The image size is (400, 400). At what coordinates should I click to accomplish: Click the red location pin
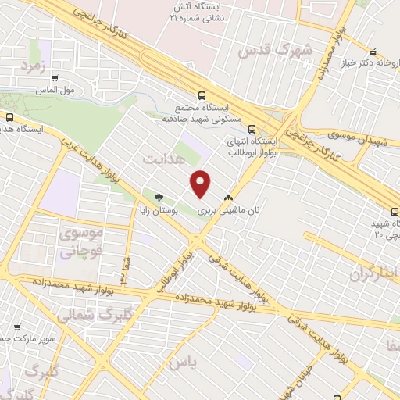(x=201, y=184)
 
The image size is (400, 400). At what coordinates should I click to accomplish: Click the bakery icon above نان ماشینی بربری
(x=227, y=198)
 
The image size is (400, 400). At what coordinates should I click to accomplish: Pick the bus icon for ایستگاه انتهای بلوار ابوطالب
(x=252, y=130)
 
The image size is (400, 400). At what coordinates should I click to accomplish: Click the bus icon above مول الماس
(x=55, y=78)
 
